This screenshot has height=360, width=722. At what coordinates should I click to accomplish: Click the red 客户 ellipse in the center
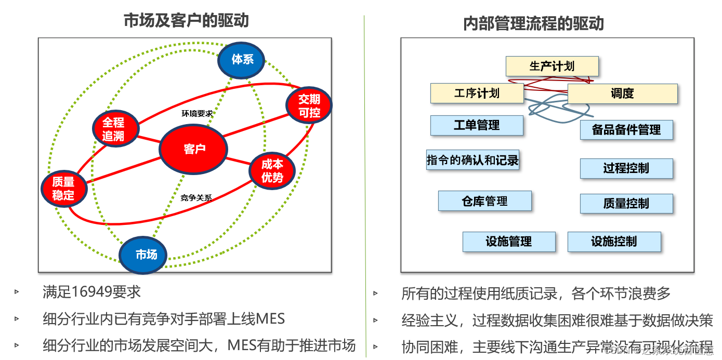pos(193,149)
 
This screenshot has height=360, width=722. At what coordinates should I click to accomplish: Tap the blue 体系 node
pos(241,60)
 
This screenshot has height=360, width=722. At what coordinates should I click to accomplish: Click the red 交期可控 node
pos(309,105)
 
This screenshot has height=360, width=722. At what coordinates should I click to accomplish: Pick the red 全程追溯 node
pos(115,129)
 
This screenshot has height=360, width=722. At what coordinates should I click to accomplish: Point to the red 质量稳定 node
pos(64,188)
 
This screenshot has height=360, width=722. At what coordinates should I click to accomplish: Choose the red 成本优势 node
pos(272,170)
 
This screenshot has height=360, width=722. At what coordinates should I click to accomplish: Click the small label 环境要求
pos(197,113)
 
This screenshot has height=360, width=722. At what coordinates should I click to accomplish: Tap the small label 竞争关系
pos(195,197)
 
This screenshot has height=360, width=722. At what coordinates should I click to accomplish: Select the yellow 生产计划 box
pos(552,66)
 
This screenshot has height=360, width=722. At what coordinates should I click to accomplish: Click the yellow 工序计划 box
pos(477,94)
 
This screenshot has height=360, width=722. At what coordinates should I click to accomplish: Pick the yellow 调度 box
pos(622,94)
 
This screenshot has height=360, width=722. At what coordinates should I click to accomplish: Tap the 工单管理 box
pos(477,125)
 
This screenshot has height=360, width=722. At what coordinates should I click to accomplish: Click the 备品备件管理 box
pos(626,130)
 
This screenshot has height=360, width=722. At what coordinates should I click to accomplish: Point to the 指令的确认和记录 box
pos(472,160)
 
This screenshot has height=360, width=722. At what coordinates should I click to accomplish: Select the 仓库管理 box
pos(484,201)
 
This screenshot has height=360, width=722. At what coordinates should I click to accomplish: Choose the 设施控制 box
pos(614,242)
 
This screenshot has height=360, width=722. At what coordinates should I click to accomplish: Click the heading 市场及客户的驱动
pos(186,20)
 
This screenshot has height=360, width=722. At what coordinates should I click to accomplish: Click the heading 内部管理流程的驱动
pos(533,23)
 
